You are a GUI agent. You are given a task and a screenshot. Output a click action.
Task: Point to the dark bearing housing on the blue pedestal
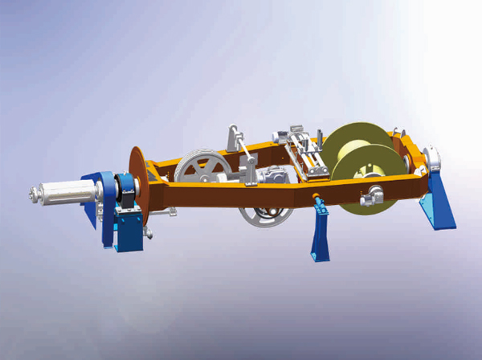tap(125, 192)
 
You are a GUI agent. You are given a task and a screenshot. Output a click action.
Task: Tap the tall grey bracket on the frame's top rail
tap(235, 139)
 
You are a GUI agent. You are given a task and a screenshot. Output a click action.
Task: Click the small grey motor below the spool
tap(373, 194)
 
